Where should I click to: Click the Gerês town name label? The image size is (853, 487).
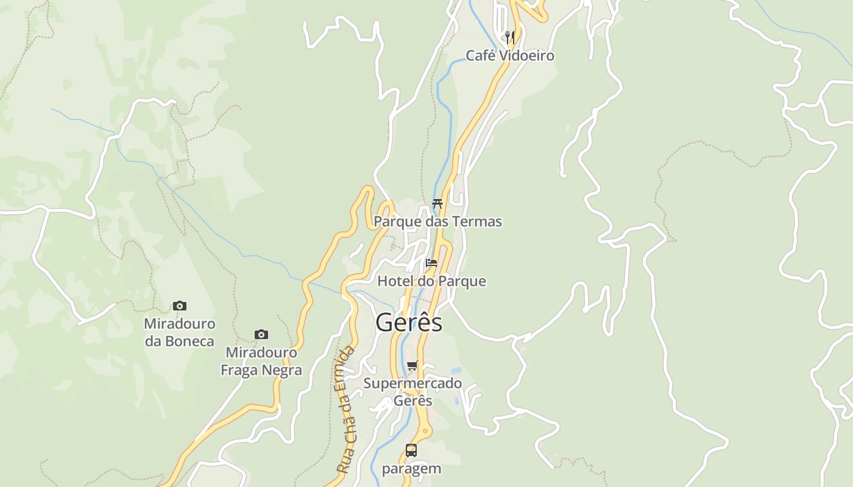(409, 322)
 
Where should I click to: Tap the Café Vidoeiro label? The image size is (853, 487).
(510, 56)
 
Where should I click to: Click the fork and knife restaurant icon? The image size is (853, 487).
(510, 37)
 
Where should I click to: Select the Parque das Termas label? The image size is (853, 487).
(437, 222)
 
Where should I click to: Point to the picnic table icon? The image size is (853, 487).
(437, 203)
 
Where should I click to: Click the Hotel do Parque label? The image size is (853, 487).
(431, 281)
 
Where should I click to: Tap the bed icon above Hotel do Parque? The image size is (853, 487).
(431, 263)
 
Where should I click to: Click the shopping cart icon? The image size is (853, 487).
(412, 365)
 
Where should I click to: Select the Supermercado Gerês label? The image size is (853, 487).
(412, 392)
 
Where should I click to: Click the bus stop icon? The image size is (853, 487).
(411, 450)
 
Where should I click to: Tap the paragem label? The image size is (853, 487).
(411, 469)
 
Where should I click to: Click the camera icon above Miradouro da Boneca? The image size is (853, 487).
(179, 306)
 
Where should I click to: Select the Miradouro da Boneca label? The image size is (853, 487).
(179, 332)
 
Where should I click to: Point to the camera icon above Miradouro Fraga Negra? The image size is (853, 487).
(261, 334)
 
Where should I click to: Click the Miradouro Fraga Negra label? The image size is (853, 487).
(261, 361)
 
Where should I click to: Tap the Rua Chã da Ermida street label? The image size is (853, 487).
(345, 410)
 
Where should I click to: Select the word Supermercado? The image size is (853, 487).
(412, 384)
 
